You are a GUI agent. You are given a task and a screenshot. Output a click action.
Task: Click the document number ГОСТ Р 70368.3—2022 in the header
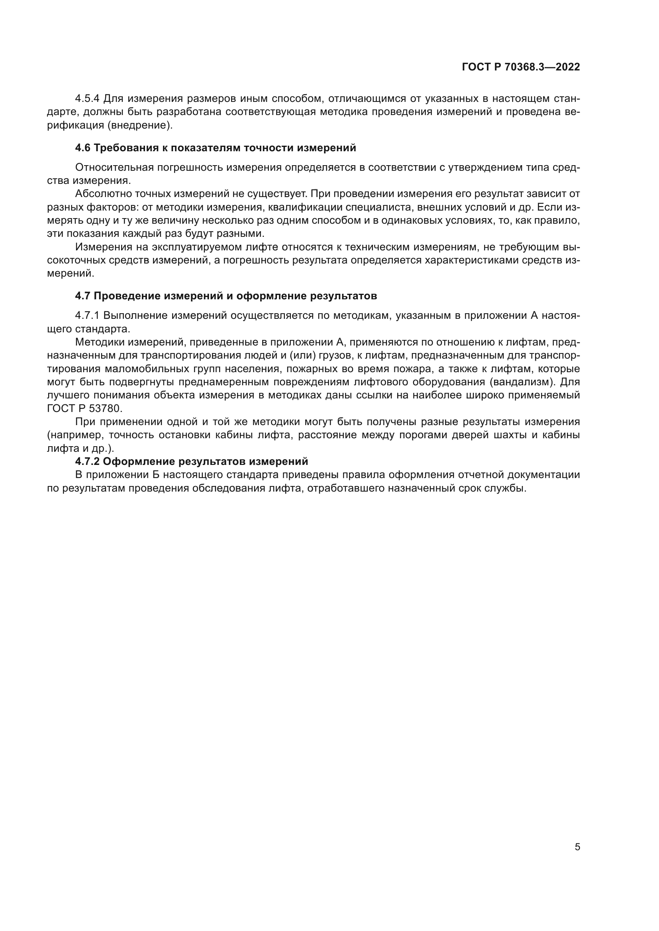click(x=521, y=67)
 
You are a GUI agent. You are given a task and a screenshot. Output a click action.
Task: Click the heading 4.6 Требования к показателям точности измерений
click(x=216, y=148)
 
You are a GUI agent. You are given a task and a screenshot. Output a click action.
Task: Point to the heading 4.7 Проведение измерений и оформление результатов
click(x=226, y=296)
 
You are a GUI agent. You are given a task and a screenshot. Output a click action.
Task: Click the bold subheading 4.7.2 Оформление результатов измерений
click(x=192, y=461)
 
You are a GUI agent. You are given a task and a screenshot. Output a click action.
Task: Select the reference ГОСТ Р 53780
click(x=84, y=408)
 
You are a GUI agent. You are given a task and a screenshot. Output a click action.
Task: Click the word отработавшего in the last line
click(x=345, y=488)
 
